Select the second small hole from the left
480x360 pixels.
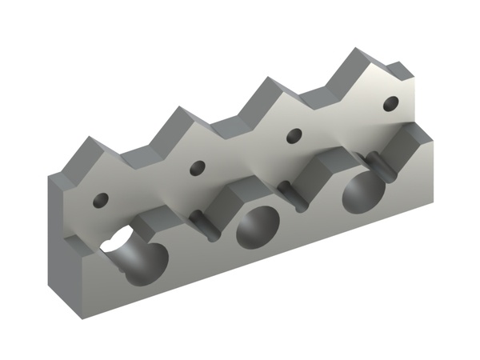(x=197, y=168)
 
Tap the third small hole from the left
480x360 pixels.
(x=294, y=135)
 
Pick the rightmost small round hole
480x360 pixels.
(x=390, y=103)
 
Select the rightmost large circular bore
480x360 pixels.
(x=363, y=195)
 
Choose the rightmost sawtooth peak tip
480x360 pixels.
(x=354, y=52)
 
